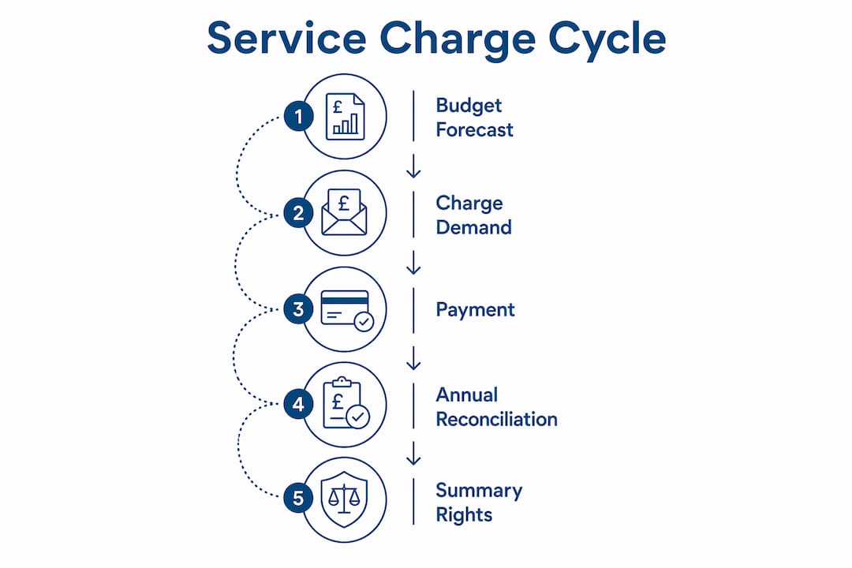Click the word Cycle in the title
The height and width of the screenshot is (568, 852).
click(x=607, y=40)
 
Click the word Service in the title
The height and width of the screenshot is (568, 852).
click(x=287, y=38)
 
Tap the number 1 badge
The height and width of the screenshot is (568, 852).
click(x=298, y=116)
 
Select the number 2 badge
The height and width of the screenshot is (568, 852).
click(x=298, y=212)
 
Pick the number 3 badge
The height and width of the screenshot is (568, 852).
click(x=298, y=309)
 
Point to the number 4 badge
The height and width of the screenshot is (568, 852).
click(x=298, y=405)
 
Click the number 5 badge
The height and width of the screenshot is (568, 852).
click(x=298, y=498)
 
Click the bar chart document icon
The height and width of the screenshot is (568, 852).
click(x=345, y=116)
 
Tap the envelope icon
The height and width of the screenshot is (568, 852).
click(x=344, y=212)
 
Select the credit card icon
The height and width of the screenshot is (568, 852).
click(x=346, y=310)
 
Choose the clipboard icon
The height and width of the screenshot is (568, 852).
click(x=346, y=403)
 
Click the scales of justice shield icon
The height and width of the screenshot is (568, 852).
click(x=345, y=499)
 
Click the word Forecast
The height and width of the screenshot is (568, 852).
click(x=474, y=130)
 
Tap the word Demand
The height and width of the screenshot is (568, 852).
click(x=474, y=227)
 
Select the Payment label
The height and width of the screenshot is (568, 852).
click(x=476, y=310)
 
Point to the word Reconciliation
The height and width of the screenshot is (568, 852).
click(x=497, y=419)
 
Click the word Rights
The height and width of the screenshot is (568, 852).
click(x=464, y=514)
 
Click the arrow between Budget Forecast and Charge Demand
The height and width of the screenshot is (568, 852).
click(x=413, y=166)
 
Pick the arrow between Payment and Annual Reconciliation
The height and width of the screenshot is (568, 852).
click(x=413, y=358)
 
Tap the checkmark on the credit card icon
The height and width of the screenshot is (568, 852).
click(x=364, y=321)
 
